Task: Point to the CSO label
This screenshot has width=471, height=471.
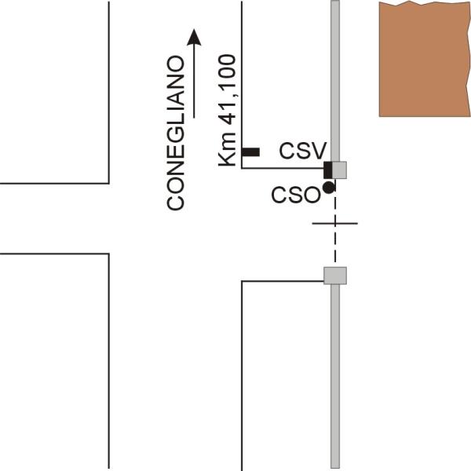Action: [x=295, y=194]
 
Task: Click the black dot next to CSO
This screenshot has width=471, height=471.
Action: [x=328, y=187]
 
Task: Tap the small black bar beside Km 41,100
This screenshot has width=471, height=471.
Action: [x=251, y=152]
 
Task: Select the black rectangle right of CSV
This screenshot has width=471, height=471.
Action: [x=329, y=169]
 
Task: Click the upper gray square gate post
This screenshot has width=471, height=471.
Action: [x=338, y=169]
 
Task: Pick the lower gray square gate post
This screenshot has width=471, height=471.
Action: [x=335, y=275]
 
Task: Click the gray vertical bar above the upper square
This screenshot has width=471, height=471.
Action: [x=335, y=78]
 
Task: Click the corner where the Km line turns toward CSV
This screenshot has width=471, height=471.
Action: [x=242, y=168]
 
